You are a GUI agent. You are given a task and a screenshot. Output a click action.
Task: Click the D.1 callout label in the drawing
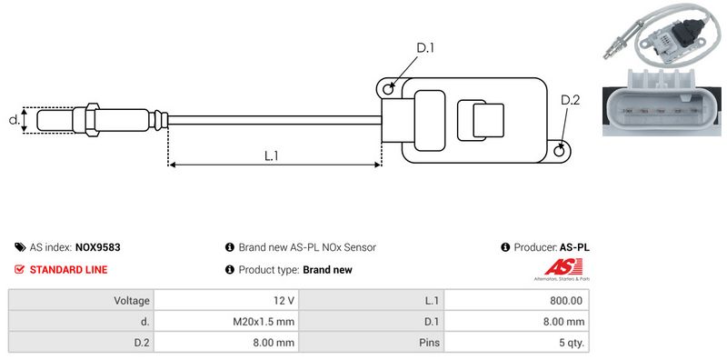pos(425,48)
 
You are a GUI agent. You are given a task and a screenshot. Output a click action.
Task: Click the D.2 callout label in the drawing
pos(570,100)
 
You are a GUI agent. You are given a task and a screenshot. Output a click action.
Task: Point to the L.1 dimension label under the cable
pos(271,155)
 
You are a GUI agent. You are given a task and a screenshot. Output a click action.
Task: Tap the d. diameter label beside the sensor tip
pos(14,120)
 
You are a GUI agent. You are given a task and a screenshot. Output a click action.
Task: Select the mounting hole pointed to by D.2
pos(560,150)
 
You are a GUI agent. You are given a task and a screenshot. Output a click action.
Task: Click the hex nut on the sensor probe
pos(93,120)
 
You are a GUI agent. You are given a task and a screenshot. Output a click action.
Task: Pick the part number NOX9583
pos(98,247)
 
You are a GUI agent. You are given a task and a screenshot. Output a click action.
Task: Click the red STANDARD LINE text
pos(69,269)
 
